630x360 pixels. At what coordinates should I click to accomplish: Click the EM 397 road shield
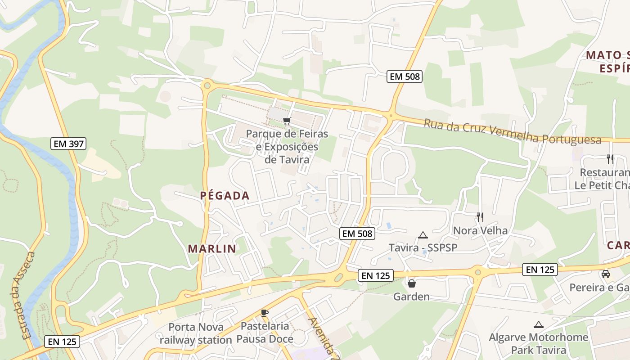coord(67,144)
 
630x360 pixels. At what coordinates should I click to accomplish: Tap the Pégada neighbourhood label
coord(225,196)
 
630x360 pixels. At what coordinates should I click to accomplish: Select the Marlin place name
coord(212,248)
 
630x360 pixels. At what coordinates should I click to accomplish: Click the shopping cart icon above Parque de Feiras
coord(287,121)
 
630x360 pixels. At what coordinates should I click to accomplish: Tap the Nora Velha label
coord(480,230)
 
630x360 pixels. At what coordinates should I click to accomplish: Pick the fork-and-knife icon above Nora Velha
coord(480,217)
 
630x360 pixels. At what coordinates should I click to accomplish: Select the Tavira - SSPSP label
coord(423,248)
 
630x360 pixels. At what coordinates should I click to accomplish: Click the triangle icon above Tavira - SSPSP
coord(423,235)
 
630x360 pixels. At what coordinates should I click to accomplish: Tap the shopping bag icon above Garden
coord(411,283)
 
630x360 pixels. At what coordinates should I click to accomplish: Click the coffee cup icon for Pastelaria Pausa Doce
coord(265,313)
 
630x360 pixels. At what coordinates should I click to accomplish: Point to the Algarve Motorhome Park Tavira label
coord(539,343)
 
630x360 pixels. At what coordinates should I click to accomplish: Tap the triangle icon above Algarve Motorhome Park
coord(538,324)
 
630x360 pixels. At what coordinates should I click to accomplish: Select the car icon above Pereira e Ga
coord(606,274)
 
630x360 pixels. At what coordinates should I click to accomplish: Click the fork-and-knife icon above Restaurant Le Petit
coord(610,159)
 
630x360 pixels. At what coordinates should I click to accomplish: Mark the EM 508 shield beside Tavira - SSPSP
coord(357,233)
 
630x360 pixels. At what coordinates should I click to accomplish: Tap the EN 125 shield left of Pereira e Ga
coord(540,270)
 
